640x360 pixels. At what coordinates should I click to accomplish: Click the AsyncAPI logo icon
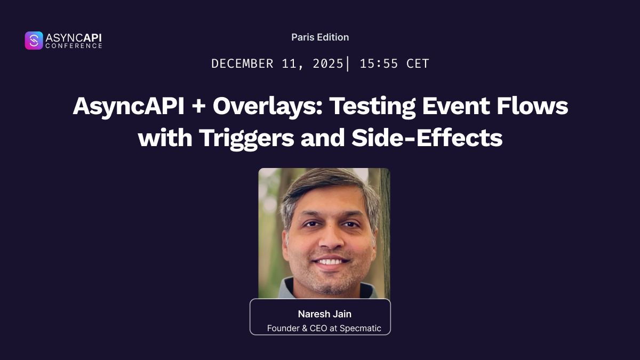pyautogui.click(x=34, y=41)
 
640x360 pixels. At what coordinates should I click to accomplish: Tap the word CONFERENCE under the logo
pyautogui.click(x=74, y=46)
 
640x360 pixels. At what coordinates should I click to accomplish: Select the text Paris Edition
pyautogui.click(x=320, y=37)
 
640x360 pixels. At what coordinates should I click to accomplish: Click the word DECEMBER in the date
pyautogui.click(x=243, y=64)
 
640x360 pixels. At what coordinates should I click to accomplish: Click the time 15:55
pyautogui.click(x=379, y=64)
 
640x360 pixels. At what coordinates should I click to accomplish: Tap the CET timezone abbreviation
pyautogui.click(x=418, y=64)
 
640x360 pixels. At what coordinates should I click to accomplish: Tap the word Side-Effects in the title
pyautogui.click(x=427, y=138)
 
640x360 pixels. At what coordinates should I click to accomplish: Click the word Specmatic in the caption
pyautogui.click(x=360, y=329)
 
